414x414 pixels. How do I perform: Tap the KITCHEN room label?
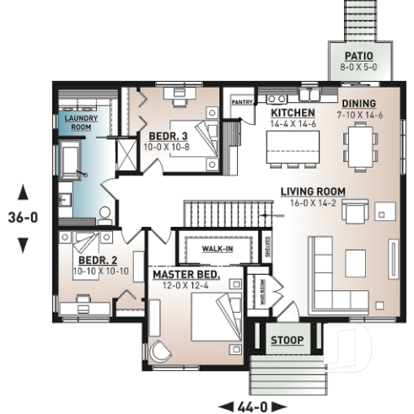tap(293, 113)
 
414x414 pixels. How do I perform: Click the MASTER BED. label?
tap(185, 275)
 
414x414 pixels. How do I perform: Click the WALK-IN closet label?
tap(218, 250)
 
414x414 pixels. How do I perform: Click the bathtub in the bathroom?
tap(69, 160)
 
